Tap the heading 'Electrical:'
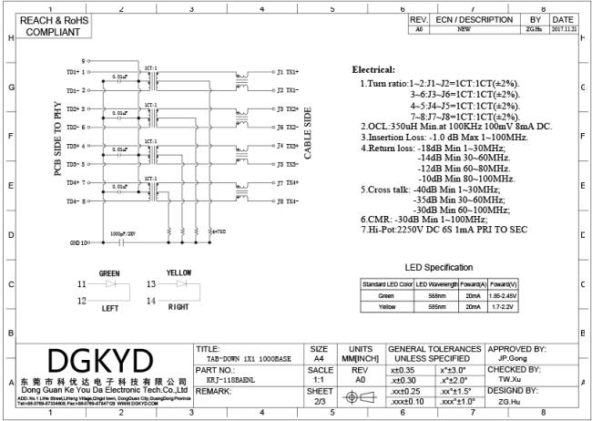point(373,70)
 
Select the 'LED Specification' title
point(437,267)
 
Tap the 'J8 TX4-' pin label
point(287,201)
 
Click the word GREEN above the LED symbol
point(109,273)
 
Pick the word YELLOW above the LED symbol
point(179,273)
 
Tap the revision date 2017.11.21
point(562,29)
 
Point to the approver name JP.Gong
point(515,358)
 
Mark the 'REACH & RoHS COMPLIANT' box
point(46,26)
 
